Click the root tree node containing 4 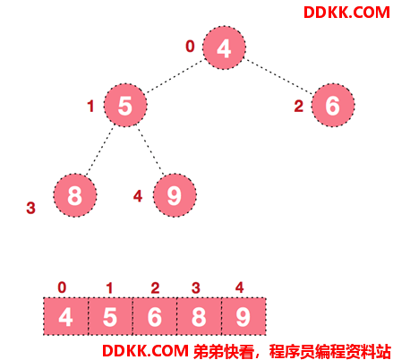pos(224,47)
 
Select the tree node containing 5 pos(125,105)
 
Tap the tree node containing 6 pos(333,105)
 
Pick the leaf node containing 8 pos(75,195)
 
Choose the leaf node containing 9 pos(175,195)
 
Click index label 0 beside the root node pos(190,47)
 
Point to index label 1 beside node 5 pos(90,107)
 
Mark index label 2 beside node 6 pos(299,107)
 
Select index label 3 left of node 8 pos(30,208)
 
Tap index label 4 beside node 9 pos(138,196)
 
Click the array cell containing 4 pos(65,316)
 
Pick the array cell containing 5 pos(110,316)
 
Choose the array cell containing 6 pos(155,316)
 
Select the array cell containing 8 pos(199,316)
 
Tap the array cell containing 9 pos(243,316)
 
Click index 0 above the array pos(62,287)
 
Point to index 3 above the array pos(196,288)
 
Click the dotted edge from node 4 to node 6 pos(278,77)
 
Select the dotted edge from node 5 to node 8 pos(99,150)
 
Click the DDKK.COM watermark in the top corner pos(346,13)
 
